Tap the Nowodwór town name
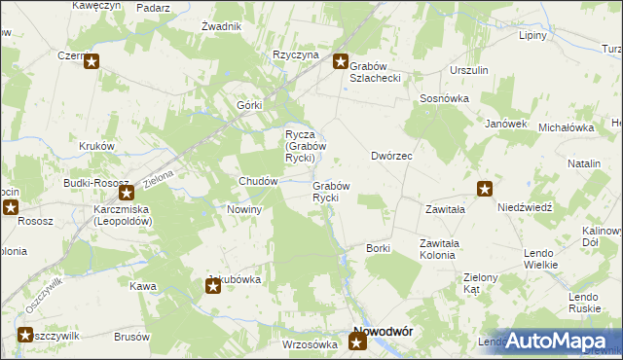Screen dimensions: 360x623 (x=381, y=331)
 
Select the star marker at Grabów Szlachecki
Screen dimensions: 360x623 (x=341, y=62)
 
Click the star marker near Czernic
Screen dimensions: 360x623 (x=92, y=62)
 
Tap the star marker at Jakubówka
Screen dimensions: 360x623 (x=213, y=285)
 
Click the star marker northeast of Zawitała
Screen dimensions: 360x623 (x=484, y=189)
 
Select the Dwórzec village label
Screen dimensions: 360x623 (x=392, y=156)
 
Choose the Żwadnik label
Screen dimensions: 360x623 (x=221, y=26)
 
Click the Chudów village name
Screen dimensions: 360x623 (x=260, y=181)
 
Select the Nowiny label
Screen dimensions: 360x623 (x=244, y=210)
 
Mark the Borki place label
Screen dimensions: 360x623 (x=378, y=248)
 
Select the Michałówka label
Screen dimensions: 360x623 (x=567, y=127)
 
